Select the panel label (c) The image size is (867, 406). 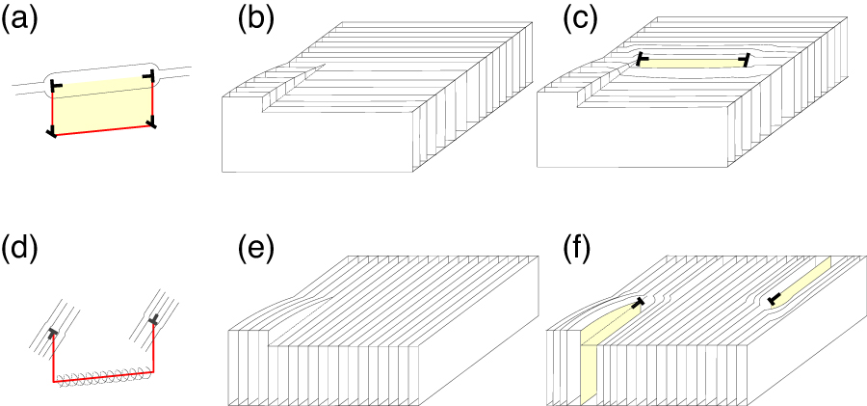point(581,20)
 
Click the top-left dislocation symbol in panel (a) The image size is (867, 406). point(56,88)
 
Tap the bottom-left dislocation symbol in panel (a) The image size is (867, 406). point(52,131)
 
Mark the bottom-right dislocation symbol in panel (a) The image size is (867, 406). point(151,122)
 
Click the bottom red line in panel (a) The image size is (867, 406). point(102,128)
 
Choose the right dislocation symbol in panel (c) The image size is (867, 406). point(745,61)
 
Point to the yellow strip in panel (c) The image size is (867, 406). point(692,63)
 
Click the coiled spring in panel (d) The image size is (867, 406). point(102,376)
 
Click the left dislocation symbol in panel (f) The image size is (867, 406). point(637,305)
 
